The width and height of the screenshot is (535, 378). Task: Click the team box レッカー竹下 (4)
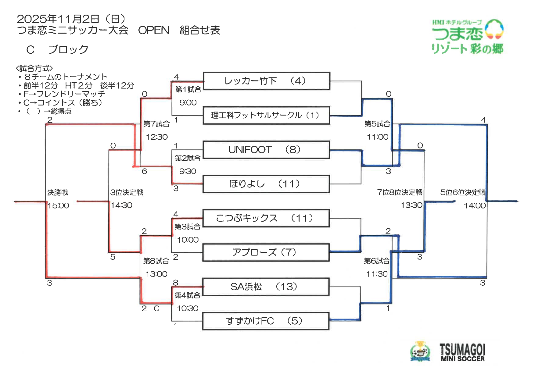(x=266, y=81)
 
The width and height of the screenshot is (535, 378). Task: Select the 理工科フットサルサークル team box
(x=266, y=115)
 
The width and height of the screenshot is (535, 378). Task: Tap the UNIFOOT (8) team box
(x=266, y=150)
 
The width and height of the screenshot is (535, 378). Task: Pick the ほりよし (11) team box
(x=266, y=184)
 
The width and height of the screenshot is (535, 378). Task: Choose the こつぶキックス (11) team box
(x=266, y=218)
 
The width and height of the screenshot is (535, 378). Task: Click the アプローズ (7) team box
(x=266, y=252)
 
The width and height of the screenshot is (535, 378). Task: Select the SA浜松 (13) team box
(x=266, y=287)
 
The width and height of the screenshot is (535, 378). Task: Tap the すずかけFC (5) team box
(x=266, y=321)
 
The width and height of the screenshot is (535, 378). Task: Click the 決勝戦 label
(x=58, y=192)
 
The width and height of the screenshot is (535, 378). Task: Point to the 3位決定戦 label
(x=127, y=192)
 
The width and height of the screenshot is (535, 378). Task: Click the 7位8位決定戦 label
(x=400, y=192)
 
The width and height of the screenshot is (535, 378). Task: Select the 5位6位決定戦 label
(x=463, y=192)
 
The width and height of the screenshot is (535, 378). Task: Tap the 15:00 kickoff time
(x=58, y=205)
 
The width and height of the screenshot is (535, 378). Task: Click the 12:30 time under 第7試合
(x=157, y=137)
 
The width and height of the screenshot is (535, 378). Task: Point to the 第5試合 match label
(x=377, y=124)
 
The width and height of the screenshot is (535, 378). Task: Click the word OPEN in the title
(x=154, y=30)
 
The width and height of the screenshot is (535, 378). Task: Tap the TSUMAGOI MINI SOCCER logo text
(x=462, y=352)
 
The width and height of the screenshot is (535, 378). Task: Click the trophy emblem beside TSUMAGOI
(x=420, y=352)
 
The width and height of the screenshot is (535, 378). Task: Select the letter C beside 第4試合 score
(x=156, y=308)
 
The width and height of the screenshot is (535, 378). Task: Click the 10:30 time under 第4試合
(x=188, y=308)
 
